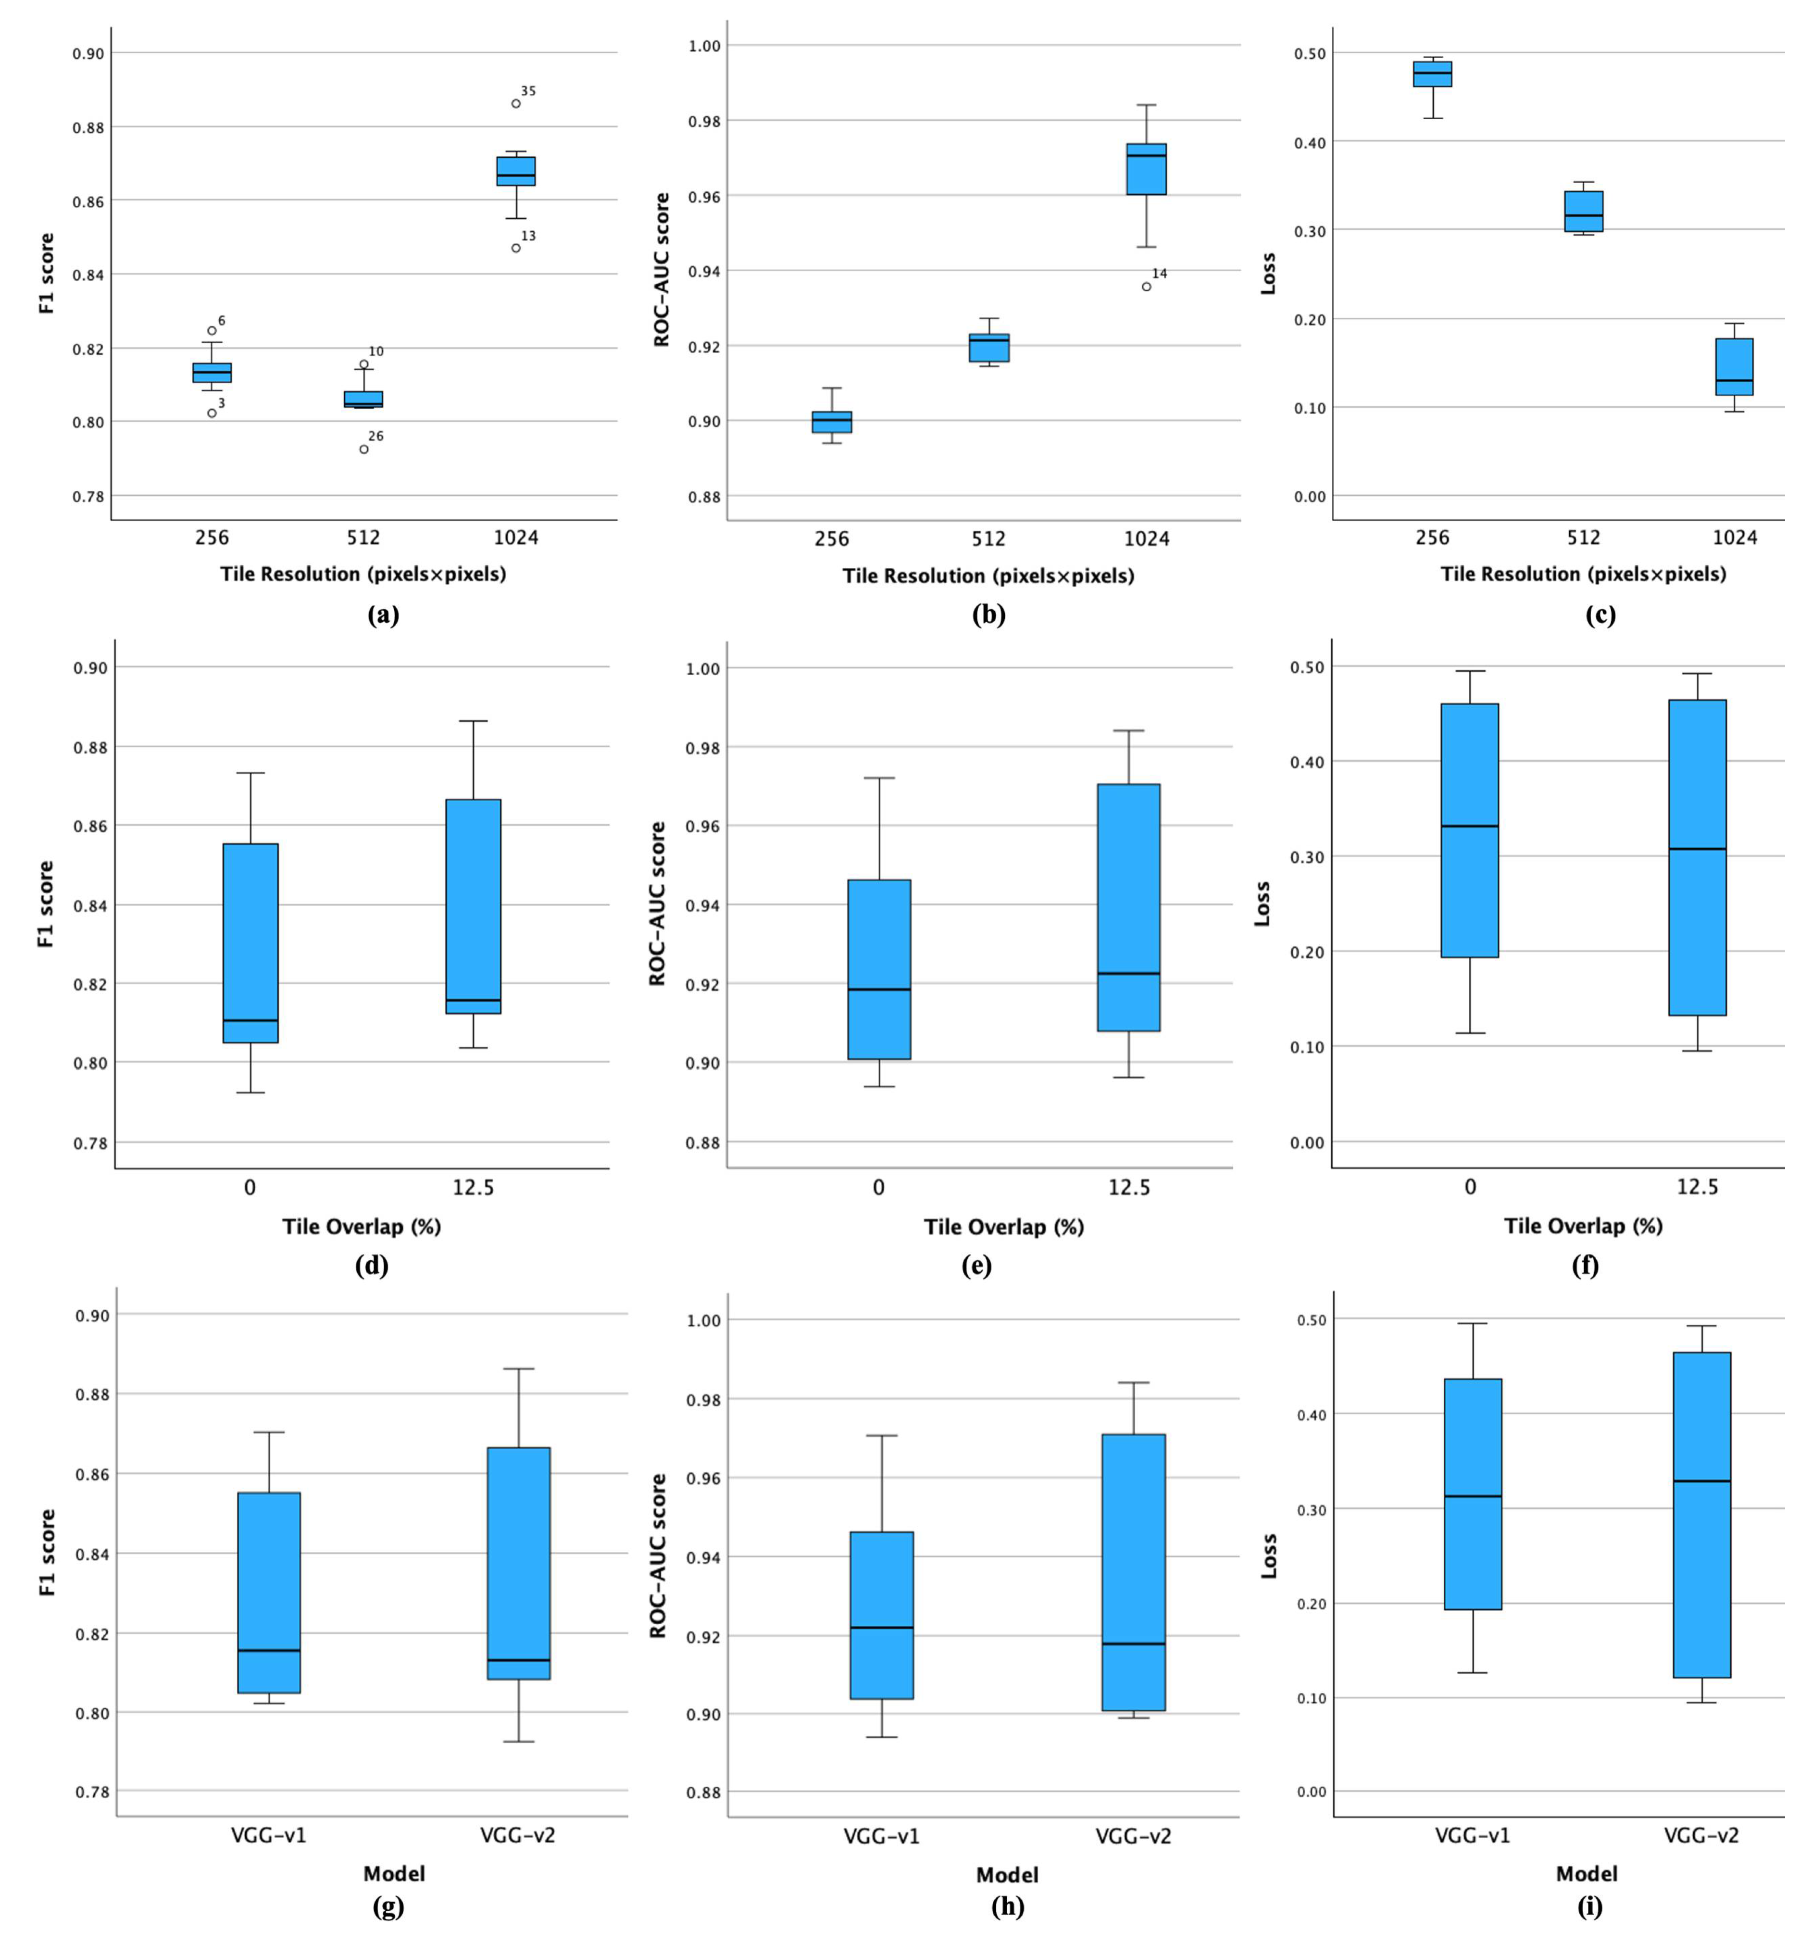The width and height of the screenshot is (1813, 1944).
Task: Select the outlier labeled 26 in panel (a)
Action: pyautogui.click(x=364, y=449)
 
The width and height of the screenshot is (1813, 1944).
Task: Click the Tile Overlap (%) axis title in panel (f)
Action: pyautogui.click(x=1582, y=1225)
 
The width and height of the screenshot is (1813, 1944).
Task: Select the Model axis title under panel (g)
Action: pyautogui.click(x=394, y=1874)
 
